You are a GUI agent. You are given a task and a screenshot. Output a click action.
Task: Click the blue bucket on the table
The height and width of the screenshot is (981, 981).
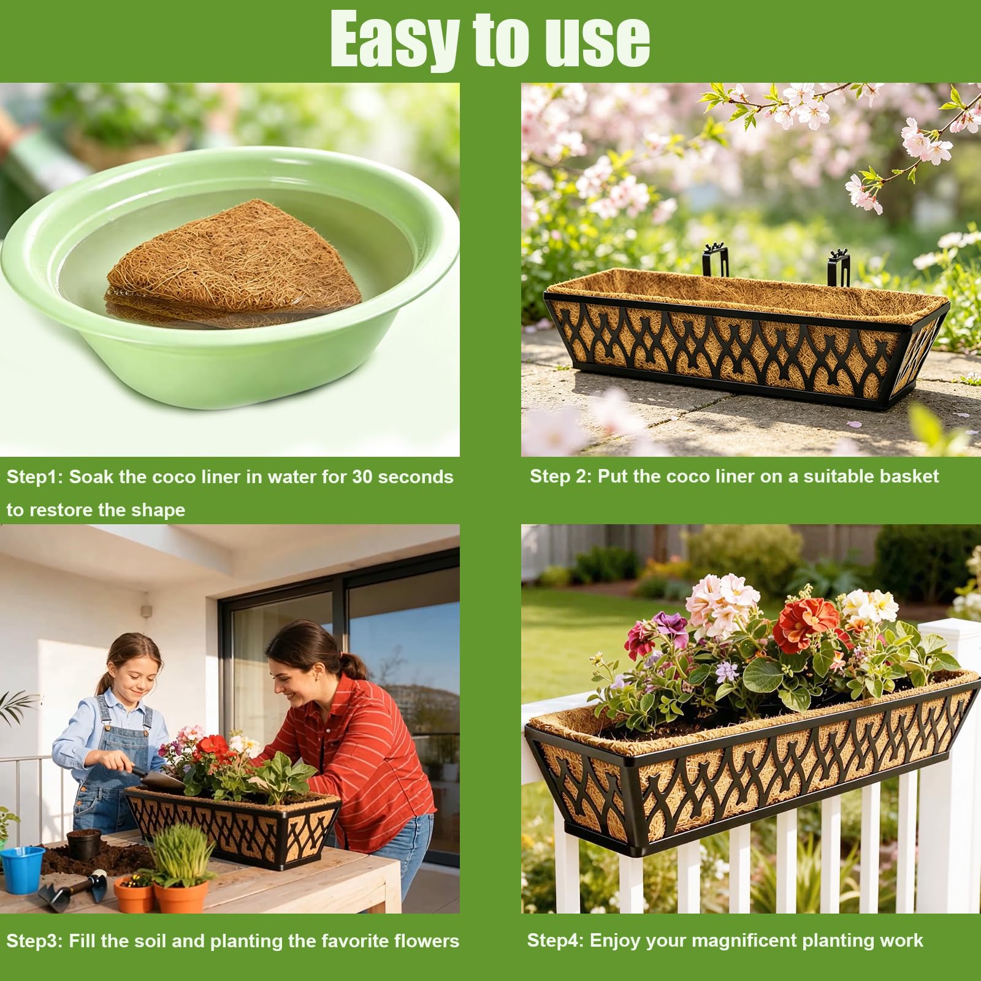click(23, 868)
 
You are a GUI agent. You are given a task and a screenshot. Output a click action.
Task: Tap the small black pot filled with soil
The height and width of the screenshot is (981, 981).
click(83, 845)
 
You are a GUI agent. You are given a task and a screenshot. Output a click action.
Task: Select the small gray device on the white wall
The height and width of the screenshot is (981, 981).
click(146, 610)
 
